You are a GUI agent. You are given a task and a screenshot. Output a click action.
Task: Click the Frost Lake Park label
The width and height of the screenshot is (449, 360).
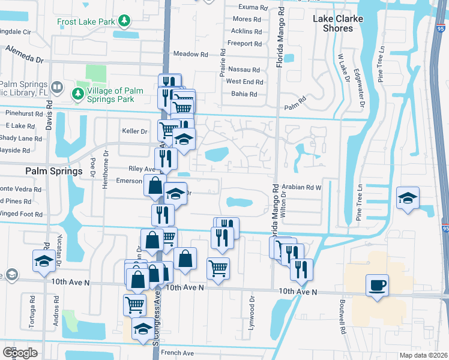(86, 22)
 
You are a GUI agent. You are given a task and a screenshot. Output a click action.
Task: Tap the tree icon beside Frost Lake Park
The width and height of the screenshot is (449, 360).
(124, 22)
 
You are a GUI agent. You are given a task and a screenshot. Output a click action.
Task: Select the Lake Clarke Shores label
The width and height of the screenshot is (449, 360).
(338, 23)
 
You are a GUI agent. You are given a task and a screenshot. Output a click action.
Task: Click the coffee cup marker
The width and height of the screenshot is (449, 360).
(378, 285)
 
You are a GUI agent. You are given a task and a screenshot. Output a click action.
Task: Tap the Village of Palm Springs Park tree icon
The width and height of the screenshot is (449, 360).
(77, 94)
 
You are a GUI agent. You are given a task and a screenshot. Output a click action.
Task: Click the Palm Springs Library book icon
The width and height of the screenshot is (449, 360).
(56, 88)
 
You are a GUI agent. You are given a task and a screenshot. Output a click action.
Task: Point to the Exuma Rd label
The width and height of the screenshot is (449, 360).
(252, 8)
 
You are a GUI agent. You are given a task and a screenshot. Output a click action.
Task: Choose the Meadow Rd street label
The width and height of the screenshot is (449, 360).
(190, 54)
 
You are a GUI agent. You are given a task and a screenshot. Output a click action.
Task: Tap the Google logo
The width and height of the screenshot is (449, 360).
(20, 353)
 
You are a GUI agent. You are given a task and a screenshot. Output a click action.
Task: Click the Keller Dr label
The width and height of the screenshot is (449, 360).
(135, 131)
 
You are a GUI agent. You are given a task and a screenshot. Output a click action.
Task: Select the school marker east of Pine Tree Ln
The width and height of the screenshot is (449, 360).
(408, 198)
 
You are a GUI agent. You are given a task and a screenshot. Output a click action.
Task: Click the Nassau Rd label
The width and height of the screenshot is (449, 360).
(246, 70)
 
